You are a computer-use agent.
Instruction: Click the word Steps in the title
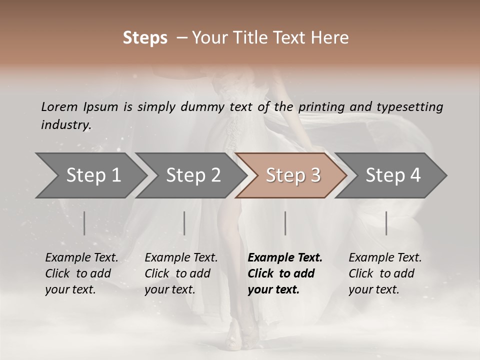click(145, 38)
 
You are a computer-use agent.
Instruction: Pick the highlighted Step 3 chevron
click(293, 175)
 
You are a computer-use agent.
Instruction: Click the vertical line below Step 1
click(84, 223)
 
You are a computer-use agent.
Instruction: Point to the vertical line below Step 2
click(184, 223)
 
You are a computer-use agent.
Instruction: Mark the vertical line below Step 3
click(285, 223)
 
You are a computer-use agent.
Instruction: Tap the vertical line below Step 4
click(386, 223)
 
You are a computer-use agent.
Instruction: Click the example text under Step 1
click(81, 273)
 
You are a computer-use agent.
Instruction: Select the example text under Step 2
click(181, 273)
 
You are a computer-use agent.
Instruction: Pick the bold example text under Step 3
click(285, 273)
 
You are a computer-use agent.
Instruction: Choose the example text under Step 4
click(385, 273)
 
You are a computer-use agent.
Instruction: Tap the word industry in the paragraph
click(65, 125)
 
